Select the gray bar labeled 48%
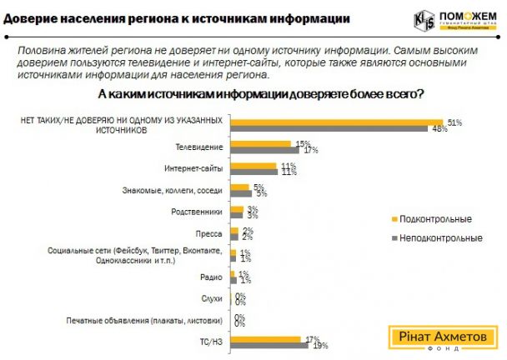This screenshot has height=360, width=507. tap(330, 129)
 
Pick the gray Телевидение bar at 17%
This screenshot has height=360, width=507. tap(266, 151)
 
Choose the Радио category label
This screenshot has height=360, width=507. tap(212, 277)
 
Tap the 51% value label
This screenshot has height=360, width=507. tap(454, 122)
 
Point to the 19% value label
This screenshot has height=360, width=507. tap(321, 345)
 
